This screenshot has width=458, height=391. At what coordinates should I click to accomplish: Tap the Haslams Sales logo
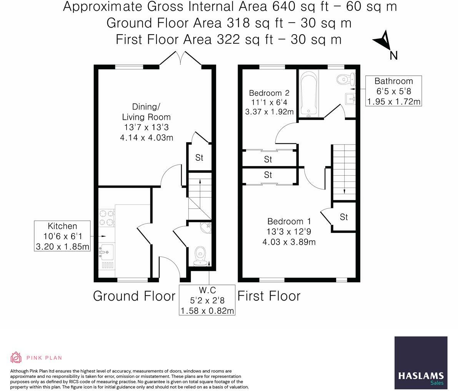(421, 363)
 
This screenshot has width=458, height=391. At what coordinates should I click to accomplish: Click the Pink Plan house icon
(16, 358)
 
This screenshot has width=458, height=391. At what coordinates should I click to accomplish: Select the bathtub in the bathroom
(308, 93)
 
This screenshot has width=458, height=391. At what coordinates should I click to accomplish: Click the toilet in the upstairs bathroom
(345, 78)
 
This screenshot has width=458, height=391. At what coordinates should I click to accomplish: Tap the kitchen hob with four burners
(107, 218)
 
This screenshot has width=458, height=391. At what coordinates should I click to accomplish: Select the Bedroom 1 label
(289, 231)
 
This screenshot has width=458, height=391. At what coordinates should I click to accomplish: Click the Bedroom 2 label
(269, 102)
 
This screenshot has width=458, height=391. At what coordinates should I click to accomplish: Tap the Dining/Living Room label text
(147, 111)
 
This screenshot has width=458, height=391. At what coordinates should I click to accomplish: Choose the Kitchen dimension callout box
(62, 236)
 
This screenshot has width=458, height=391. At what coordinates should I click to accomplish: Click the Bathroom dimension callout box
(394, 91)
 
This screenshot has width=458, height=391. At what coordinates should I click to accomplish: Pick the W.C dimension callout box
(207, 300)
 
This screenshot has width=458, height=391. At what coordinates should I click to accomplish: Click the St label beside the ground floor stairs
(199, 158)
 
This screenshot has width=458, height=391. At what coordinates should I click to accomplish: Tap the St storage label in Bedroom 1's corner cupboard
(344, 217)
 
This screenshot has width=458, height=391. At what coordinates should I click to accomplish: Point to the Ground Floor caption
(134, 296)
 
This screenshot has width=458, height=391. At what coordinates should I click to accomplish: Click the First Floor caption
(269, 296)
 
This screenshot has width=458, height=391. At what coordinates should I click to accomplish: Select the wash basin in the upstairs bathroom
(350, 99)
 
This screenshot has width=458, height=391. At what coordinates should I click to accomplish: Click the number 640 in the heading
(284, 7)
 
